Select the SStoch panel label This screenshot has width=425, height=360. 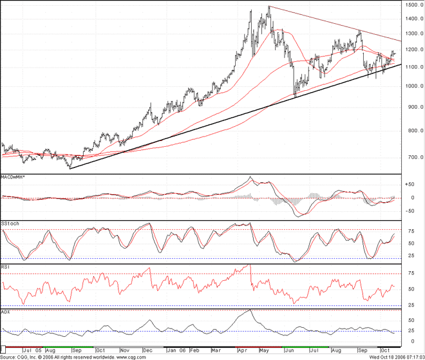(10, 223)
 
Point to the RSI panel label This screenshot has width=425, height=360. (5, 265)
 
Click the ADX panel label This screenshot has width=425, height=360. (6, 312)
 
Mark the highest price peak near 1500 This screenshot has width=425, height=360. (269, 7)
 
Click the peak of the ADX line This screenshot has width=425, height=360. (250, 310)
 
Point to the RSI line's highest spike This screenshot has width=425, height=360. (250, 265)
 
